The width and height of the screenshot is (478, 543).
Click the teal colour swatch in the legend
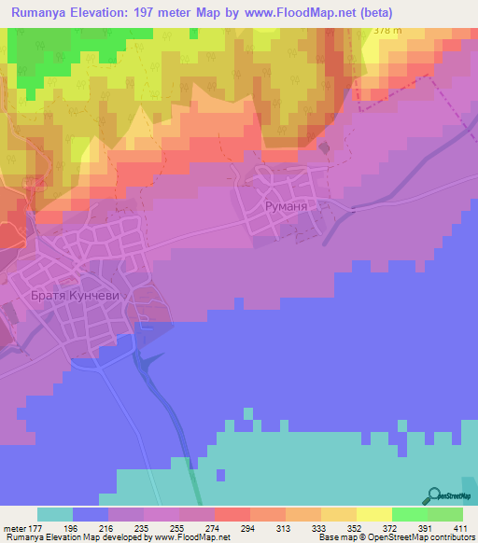[x=54, y=514]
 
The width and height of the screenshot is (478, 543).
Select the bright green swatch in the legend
[x=409, y=514]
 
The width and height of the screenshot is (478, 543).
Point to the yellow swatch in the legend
[x=373, y=514]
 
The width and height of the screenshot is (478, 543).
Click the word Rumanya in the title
[x=44, y=12]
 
